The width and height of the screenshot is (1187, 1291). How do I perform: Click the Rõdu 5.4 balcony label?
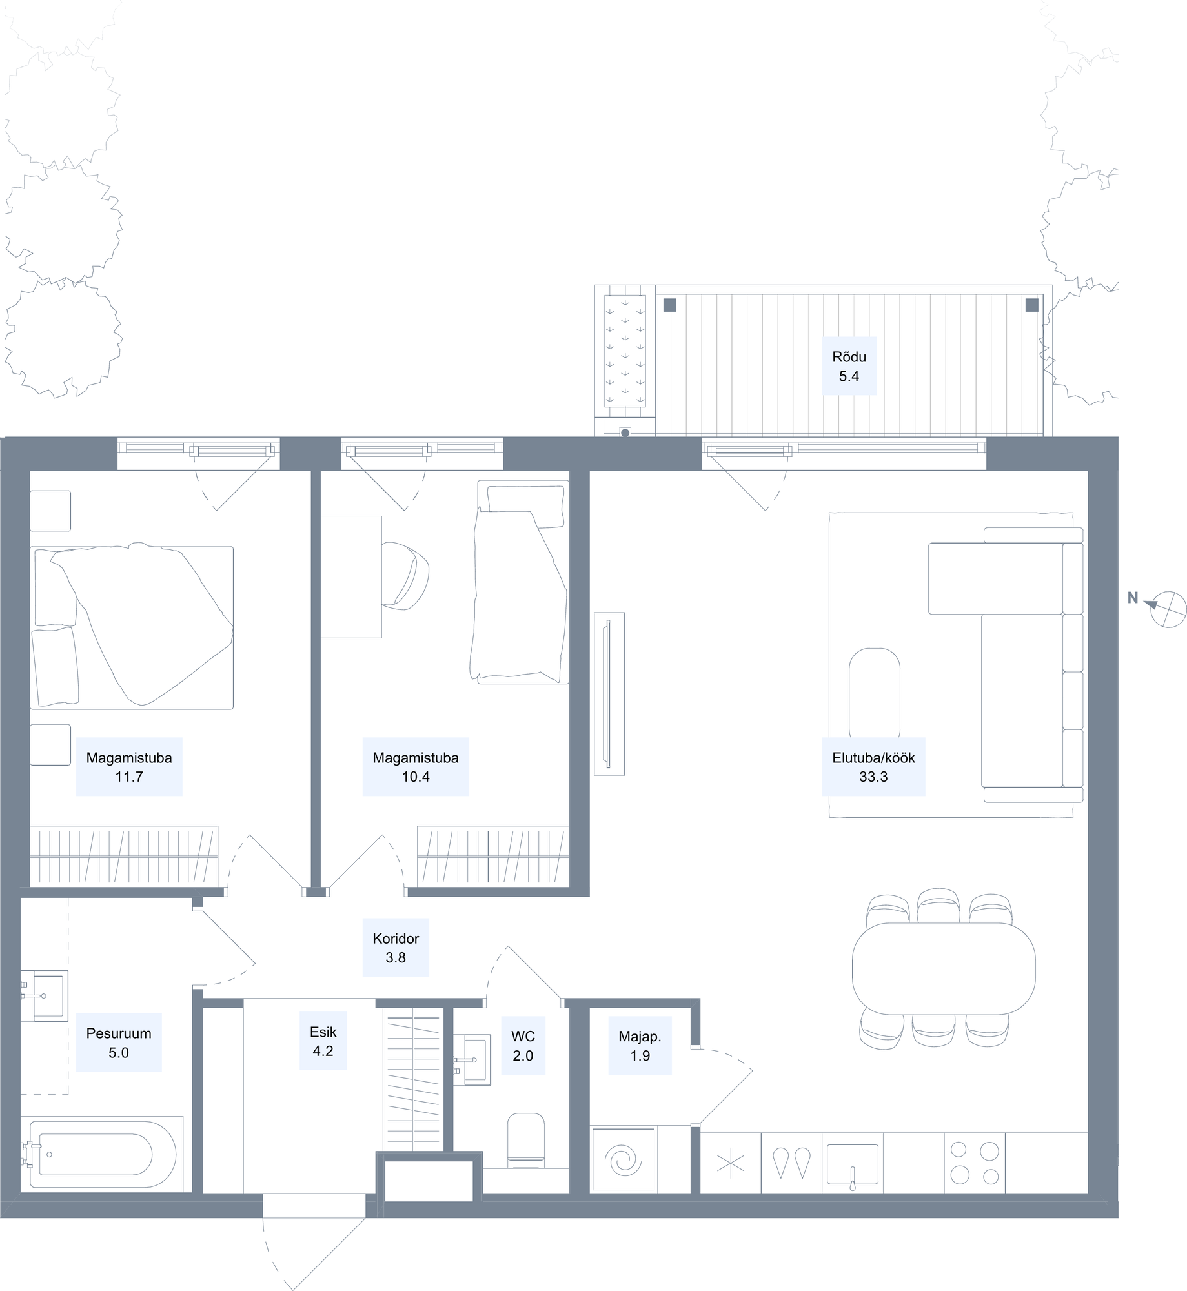point(849,366)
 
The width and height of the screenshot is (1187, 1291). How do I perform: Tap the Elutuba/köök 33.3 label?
point(873,767)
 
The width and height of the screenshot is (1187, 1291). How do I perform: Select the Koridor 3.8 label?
point(396,948)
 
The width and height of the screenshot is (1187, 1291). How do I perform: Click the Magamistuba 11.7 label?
point(129,767)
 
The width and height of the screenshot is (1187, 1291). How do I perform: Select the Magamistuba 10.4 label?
point(416,767)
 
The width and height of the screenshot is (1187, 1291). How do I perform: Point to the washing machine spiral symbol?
point(624,1161)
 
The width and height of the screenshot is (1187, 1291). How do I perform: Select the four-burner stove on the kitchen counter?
point(975,1163)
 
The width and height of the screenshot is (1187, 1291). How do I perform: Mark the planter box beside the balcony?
point(625,351)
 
